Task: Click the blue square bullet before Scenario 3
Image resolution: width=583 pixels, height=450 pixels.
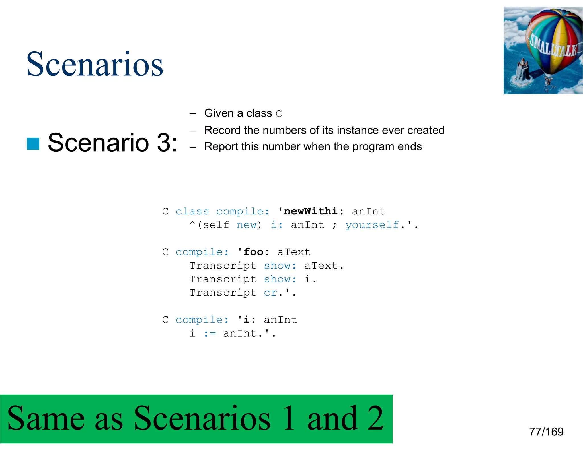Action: tap(33, 144)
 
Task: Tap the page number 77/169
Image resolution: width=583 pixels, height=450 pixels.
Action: tap(546, 432)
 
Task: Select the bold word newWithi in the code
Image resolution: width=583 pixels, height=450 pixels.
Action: tap(311, 211)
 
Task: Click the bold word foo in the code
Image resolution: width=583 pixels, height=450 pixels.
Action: tap(254, 252)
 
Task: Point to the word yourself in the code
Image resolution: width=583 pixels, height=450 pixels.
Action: tap(372, 225)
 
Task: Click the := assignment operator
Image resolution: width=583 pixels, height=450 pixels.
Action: tap(210, 333)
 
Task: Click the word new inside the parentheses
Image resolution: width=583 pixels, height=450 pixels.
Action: tap(247, 225)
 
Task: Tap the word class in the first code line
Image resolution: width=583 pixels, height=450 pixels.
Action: tap(192, 211)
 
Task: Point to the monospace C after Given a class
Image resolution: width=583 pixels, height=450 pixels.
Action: tap(279, 114)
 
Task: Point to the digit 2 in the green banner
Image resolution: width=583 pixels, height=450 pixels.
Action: tap(375, 418)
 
